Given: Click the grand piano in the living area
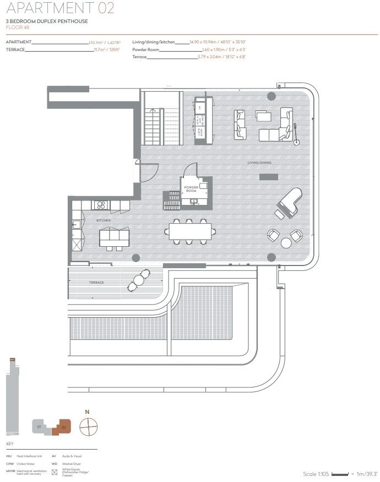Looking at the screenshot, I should (x=287, y=203).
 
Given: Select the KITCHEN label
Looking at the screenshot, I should (x=104, y=220).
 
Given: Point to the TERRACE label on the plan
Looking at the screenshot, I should (x=96, y=282).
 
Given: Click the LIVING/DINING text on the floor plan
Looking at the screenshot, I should (x=259, y=163).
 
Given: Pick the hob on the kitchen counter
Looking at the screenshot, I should (x=101, y=205).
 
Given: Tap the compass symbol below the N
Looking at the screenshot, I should (x=88, y=426).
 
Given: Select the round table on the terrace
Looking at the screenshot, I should (x=139, y=280).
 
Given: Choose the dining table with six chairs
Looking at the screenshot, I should (x=189, y=231).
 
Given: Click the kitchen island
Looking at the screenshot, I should (x=115, y=237).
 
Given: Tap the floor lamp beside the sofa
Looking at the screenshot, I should (x=297, y=142).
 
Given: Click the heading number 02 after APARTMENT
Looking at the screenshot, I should (x=106, y=8).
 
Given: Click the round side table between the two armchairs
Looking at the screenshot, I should (x=286, y=242).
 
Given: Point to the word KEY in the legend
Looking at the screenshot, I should (x=9, y=444).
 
